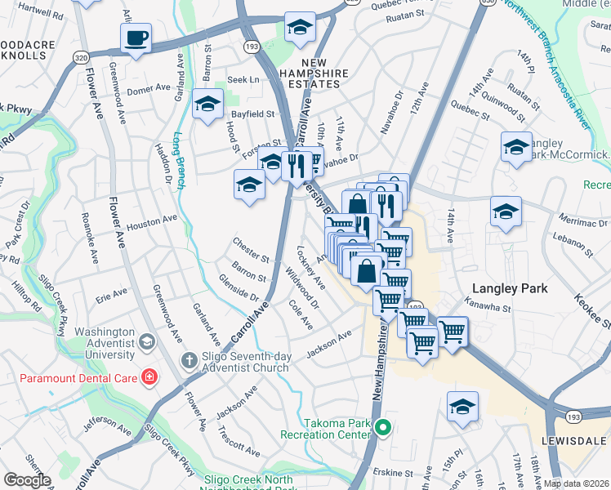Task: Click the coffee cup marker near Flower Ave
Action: [136, 37]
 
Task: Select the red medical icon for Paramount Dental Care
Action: [149, 376]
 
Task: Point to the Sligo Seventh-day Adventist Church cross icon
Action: [188, 360]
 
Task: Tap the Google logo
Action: [26, 479]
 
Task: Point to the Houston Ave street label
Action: [152, 220]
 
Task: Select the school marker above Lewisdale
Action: [462, 407]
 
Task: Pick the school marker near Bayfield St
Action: [208, 105]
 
